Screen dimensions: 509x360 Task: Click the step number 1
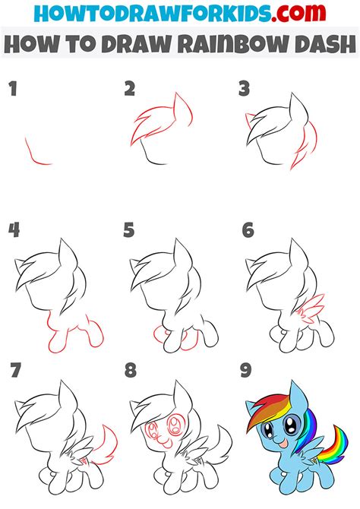point(12,90)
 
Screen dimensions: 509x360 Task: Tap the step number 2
point(130,90)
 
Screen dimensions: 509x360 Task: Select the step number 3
point(244,90)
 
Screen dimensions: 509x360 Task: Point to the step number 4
point(13,230)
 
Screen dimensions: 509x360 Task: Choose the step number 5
point(129,230)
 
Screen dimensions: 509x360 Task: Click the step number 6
point(247,230)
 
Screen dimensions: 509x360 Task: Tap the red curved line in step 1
point(36,154)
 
